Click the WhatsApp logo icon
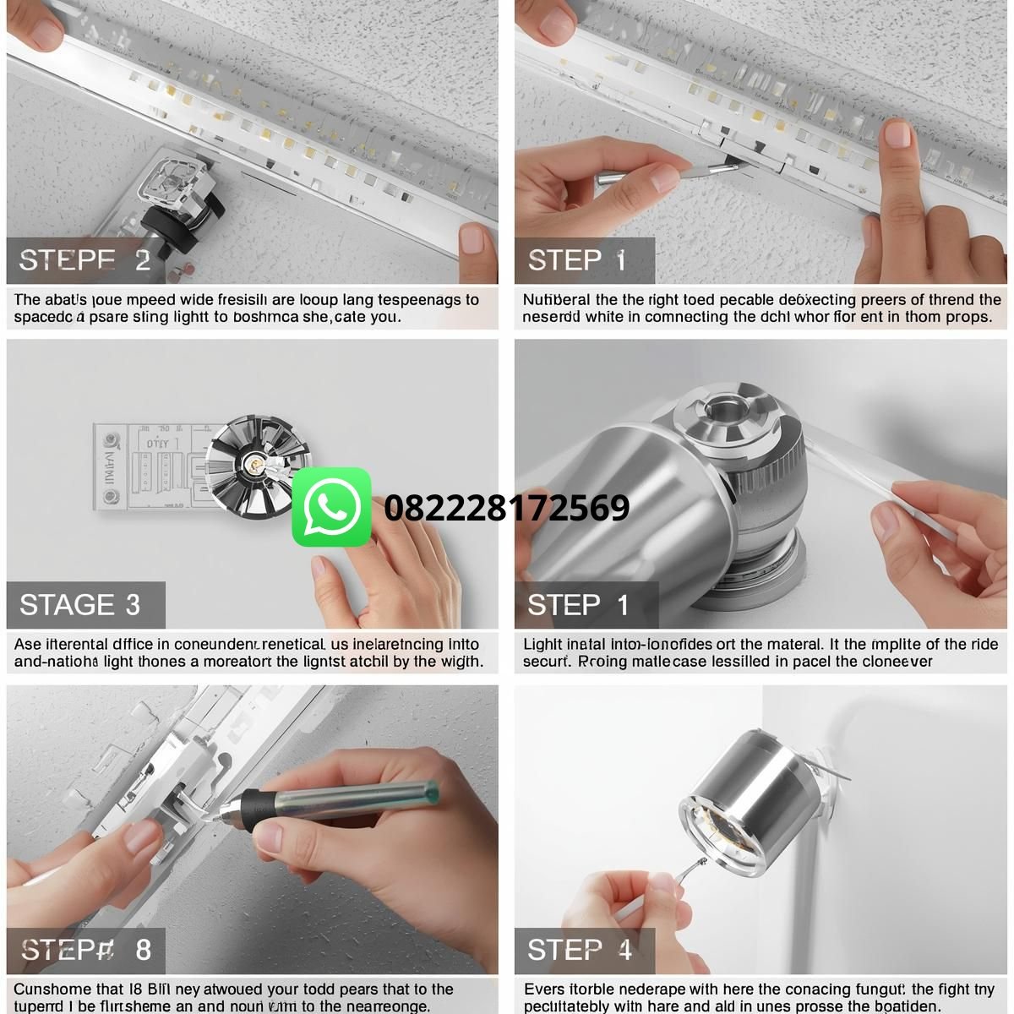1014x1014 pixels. tap(331, 507)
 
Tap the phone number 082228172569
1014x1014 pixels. tap(506, 508)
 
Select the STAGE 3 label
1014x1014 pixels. tap(79, 605)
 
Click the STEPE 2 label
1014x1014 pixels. tap(84, 260)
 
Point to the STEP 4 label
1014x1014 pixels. tap(579, 950)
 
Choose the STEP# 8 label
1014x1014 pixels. tap(85, 950)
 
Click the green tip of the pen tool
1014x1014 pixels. tap(432, 791)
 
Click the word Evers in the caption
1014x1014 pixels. tap(543, 989)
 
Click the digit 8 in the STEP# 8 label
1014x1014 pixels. tap(143, 950)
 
